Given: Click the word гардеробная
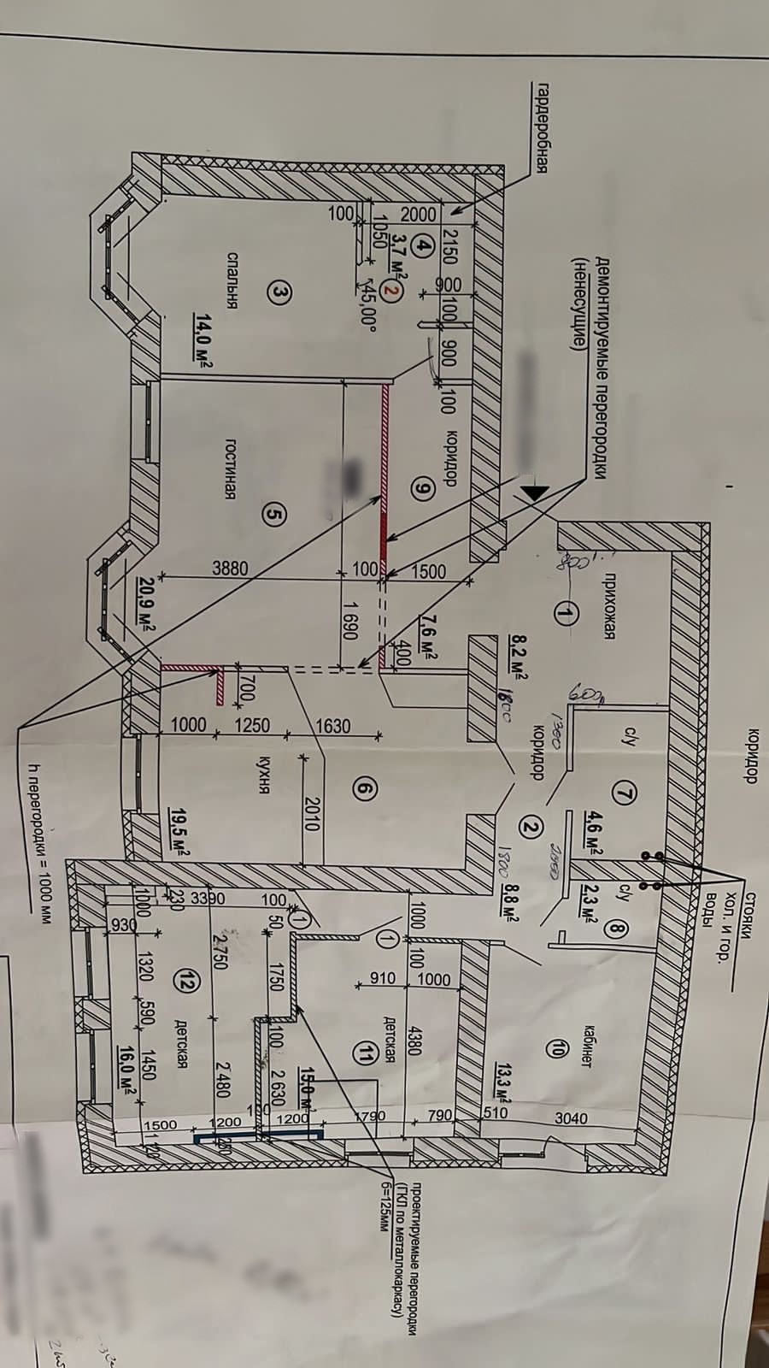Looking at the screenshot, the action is click(540, 128).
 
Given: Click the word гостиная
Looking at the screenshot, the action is click(230, 469).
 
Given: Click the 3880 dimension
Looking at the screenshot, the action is click(230, 568).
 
